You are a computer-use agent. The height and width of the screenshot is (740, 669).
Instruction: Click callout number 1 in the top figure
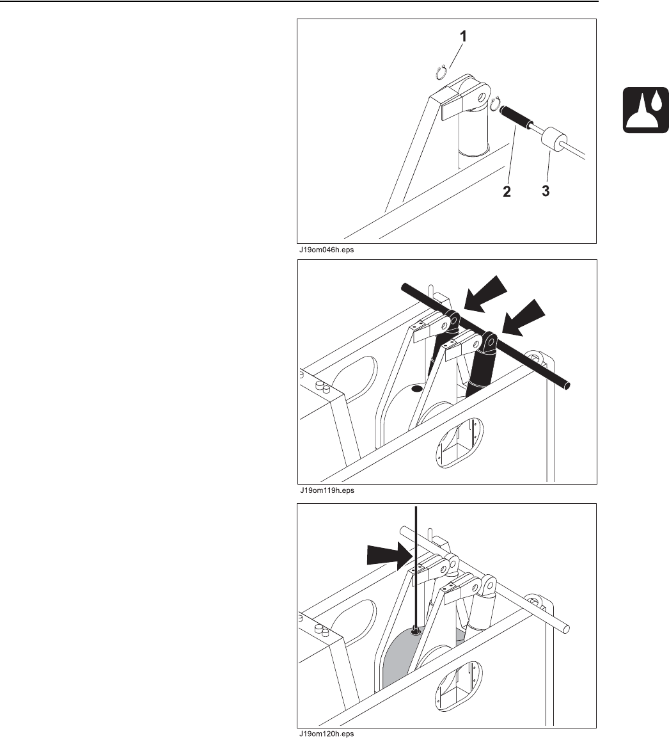(x=463, y=36)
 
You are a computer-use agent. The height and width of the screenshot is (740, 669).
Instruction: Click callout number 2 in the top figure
(x=507, y=191)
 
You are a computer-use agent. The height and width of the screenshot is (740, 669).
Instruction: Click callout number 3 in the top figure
(x=546, y=191)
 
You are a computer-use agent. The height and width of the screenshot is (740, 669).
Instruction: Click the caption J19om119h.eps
(x=327, y=490)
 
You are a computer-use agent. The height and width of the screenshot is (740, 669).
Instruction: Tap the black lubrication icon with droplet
(x=645, y=110)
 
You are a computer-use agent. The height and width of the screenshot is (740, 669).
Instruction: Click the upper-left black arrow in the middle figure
(x=485, y=295)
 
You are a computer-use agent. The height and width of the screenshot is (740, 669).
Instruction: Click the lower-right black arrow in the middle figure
(x=524, y=318)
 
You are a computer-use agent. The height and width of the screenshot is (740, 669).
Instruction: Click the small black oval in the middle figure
(x=416, y=389)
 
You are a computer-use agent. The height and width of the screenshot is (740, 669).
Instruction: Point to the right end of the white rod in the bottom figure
(x=565, y=629)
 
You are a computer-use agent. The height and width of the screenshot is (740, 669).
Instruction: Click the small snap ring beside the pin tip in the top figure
(x=494, y=104)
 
